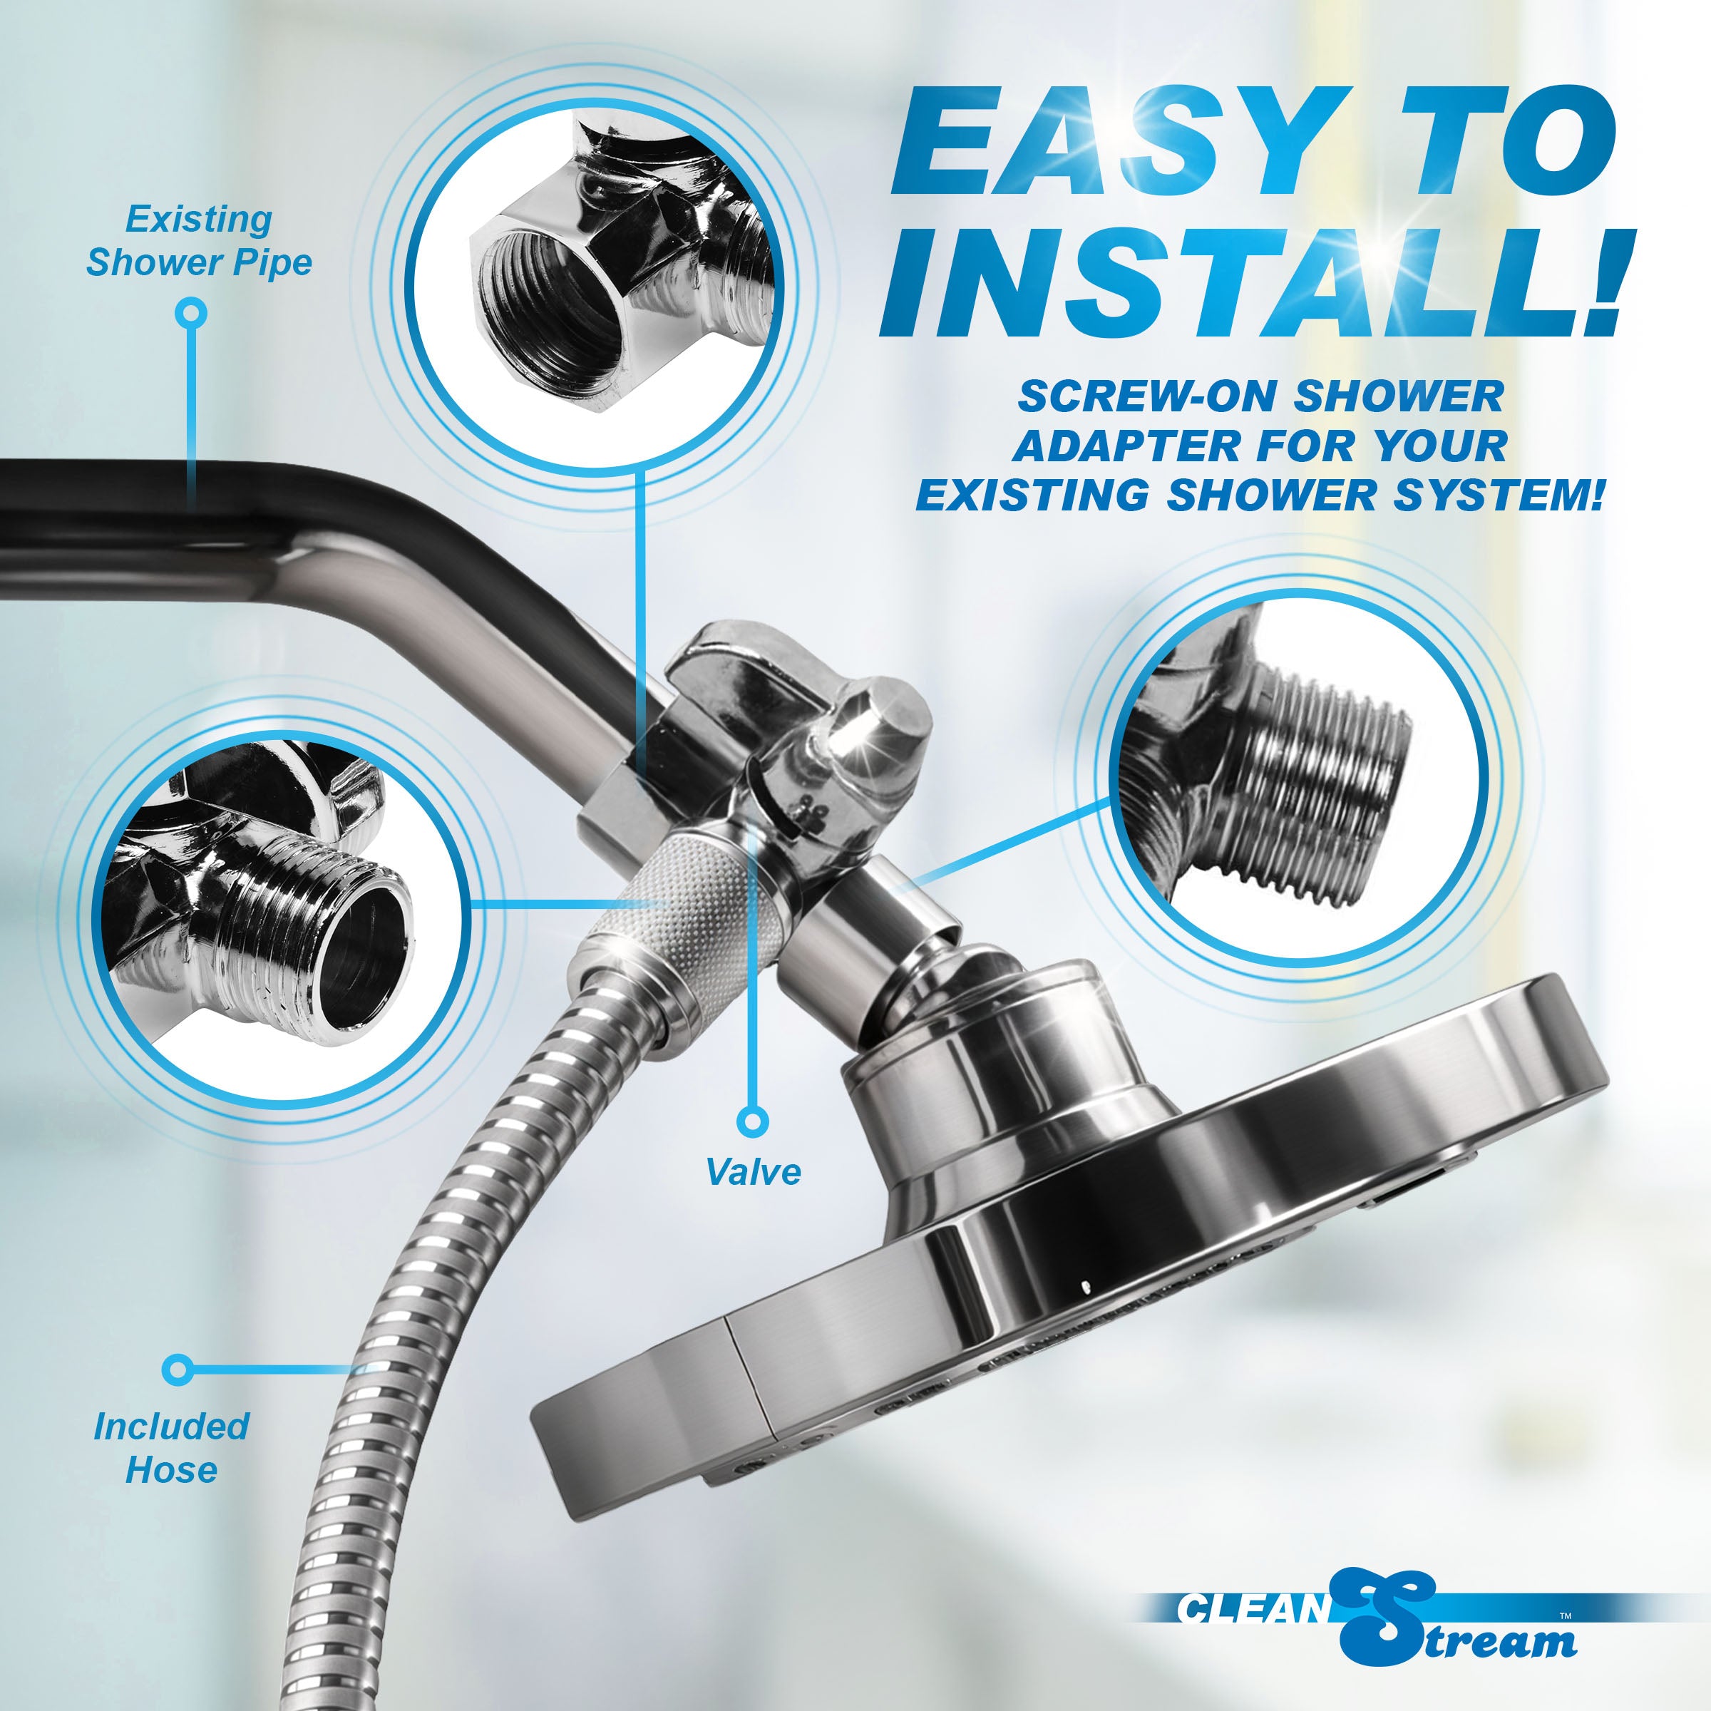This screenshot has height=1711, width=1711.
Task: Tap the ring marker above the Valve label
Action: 753,1121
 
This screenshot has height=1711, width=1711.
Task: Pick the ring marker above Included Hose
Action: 178,1369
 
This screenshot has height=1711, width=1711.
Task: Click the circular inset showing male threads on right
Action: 1298,779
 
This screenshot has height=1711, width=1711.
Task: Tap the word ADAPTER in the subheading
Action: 1129,446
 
